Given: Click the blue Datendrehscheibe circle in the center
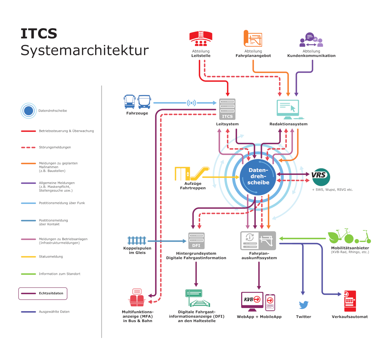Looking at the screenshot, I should [x=258, y=176].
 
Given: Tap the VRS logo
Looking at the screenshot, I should [x=320, y=176].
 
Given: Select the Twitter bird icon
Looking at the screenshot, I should [x=304, y=305].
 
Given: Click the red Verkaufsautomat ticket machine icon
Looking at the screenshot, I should [x=350, y=301].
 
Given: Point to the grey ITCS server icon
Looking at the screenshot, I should [x=227, y=109].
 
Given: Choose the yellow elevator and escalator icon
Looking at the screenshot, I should [x=192, y=174].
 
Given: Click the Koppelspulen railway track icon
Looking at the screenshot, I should [x=137, y=240].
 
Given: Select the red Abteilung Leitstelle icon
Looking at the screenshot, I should [x=201, y=39].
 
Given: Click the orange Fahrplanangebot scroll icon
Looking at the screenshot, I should [x=253, y=39].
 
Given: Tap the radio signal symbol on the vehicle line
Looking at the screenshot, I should [x=191, y=103].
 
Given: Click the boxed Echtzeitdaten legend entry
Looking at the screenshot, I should [x=43, y=293].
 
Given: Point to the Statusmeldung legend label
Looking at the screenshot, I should [x=51, y=257].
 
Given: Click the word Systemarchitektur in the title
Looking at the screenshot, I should [x=85, y=50].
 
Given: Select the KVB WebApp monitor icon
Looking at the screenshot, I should [x=252, y=300].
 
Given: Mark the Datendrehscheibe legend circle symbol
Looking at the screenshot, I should [x=28, y=111].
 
